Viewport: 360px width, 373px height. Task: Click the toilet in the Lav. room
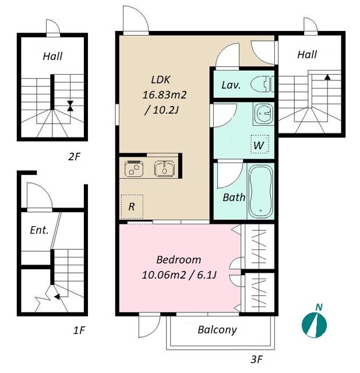pyautogui.click(x=262, y=84)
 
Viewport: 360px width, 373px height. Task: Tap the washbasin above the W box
pyautogui.click(x=263, y=114)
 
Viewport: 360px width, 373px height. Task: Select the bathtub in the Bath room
pyautogui.click(x=260, y=191)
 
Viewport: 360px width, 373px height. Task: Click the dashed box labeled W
pyautogui.click(x=260, y=144)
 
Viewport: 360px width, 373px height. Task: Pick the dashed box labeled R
pyautogui.click(x=132, y=206)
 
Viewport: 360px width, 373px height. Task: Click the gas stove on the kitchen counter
pyautogui.click(x=134, y=168)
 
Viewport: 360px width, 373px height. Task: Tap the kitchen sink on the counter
pyautogui.click(x=164, y=168)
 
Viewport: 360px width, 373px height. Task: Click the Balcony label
pyautogui.click(x=217, y=330)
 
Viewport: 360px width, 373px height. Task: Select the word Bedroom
pyautogui.click(x=178, y=259)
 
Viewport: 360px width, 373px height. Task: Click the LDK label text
pyautogui.click(x=161, y=80)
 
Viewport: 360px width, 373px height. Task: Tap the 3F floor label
pyautogui.click(x=256, y=359)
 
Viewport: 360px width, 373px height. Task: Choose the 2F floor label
pyautogui.click(x=74, y=157)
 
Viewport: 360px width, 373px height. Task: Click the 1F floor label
pyautogui.click(x=79, y=330)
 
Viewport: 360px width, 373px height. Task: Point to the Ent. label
pyautogui.click(x=39, y=230)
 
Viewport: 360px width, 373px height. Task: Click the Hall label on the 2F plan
pyautogui.click(x=52, y=57)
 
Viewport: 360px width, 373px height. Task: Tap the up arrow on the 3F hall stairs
pyautogui.click(x=327, y=77)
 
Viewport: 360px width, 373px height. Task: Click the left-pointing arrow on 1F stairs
pyautogui.click(x=57, y=297)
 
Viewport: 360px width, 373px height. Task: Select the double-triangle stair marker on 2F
pyautogui.click(x=70, y=106)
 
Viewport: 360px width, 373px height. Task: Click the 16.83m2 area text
pyautogui.click(x=164, y=95)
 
